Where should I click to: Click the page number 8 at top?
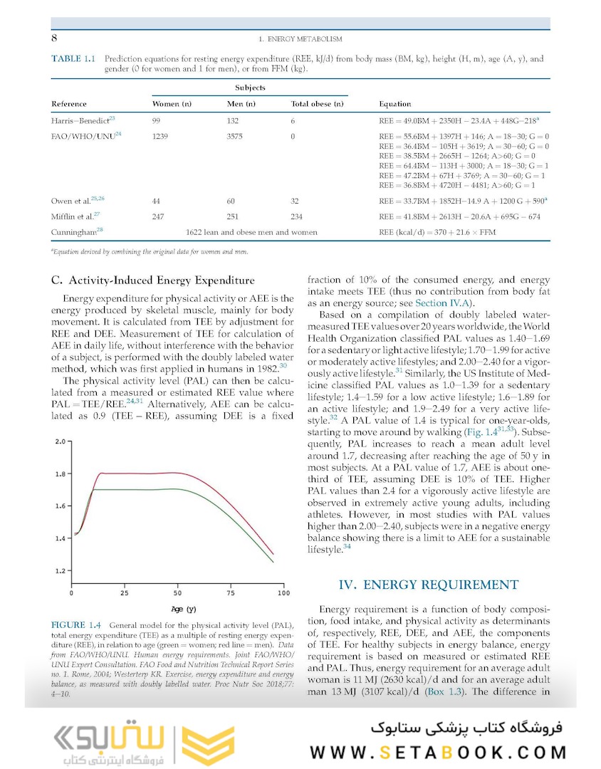[54, 38]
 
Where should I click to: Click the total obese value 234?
[299, 216]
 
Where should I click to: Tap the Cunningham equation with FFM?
[437, 232]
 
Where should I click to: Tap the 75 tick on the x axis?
[231, 592]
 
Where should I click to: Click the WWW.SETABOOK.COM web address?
[438, 752]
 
